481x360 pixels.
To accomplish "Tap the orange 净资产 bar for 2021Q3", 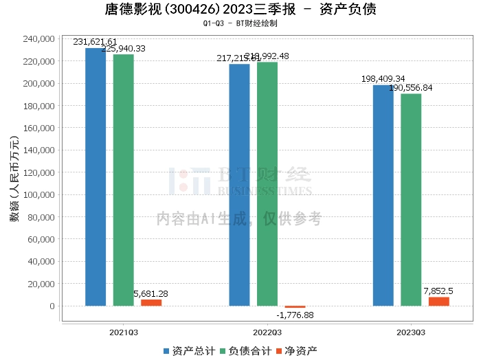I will pyautogui.click(x=151, y=302).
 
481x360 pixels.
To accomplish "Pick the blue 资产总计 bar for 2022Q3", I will pyautogui.click(x=239, y=185).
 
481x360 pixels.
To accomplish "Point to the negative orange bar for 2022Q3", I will pyautogui.click(x=295, y=307).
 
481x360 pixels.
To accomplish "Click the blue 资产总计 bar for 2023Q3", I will pyautogui.click(x=383, y=195).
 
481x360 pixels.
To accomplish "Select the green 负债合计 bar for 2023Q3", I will pyautogui.click(x=411, y=200).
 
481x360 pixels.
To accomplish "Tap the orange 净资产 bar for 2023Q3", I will pyautogui.click(x=438, y=302).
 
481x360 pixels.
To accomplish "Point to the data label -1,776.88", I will pyautogui.click(x=295, y=315).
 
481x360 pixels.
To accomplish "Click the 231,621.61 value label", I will pyautogui.click(x=96, y=41).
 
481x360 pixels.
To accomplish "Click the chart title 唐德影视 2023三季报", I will pyautogui.click(x=240, y=10).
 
